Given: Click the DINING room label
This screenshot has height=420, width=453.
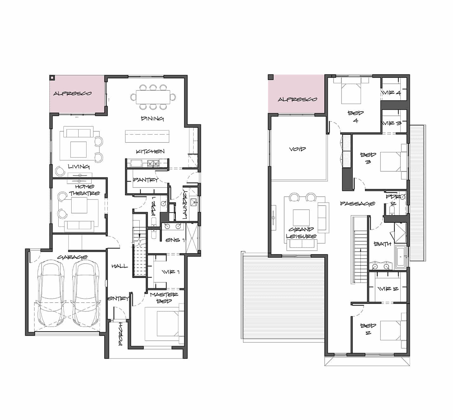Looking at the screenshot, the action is point(152,118).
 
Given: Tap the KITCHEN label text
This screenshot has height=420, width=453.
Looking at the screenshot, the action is point(150,151).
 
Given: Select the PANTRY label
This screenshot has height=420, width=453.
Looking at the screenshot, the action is point(145,180).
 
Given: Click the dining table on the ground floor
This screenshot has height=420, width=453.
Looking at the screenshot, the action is point(153,97).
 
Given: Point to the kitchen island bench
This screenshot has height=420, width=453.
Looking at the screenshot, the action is point(147,136).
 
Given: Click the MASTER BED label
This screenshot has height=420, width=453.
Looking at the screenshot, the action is point(164,298).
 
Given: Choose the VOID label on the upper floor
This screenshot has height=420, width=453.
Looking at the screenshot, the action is point(297,149).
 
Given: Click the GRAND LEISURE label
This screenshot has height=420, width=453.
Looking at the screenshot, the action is point(301,233).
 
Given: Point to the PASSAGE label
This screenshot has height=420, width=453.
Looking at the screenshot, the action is point(357,203).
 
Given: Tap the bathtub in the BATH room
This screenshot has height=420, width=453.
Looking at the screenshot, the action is point(400,257).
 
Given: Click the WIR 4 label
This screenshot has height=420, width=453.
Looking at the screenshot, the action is point(391,93).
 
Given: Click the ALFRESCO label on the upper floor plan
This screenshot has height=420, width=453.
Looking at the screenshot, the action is point(297,99).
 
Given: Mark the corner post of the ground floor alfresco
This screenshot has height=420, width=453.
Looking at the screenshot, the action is point(52,78).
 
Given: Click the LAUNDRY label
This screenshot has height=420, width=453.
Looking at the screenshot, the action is point(185,204).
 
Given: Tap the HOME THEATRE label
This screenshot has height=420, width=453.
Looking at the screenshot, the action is point(84,190).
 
